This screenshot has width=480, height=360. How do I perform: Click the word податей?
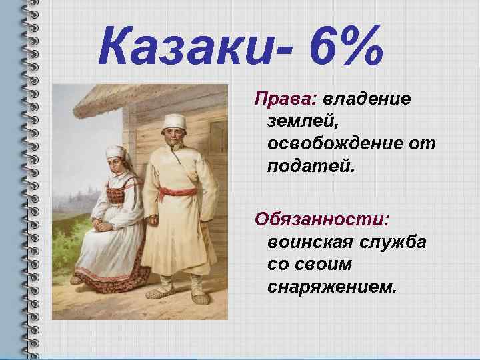click(311, 165)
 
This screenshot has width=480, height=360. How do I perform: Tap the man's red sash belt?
click(174, 193)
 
